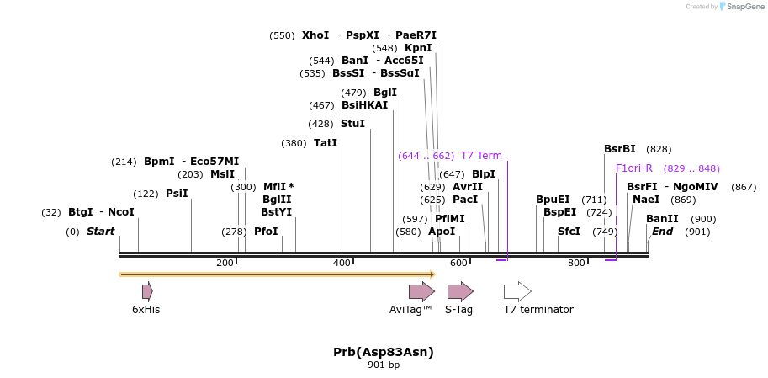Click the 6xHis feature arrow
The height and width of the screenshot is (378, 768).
pos(147,291)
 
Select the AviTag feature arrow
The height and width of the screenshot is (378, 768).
pos(421,291)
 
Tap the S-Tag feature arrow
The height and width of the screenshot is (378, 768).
pos(460,291)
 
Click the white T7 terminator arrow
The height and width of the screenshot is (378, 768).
pos(517,291)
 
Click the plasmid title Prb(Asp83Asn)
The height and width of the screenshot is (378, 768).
pos(384,351)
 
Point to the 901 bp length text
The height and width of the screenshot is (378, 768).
pos(384,365)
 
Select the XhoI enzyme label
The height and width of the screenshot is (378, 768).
pos(315,35)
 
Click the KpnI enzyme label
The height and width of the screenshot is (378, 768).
pos(418,48)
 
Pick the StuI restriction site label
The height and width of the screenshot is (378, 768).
pos(352,124)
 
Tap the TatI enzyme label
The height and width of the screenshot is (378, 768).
pos(325,143)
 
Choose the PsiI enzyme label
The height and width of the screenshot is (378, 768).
pos(177,194)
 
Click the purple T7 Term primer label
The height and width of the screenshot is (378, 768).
pos(481,156)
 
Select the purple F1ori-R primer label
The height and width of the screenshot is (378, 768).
pos(634,168)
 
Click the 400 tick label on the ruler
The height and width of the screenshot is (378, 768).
pos(342,264)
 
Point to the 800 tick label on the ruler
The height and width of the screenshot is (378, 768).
pos(576,264)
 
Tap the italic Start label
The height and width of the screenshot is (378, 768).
pos(100,232)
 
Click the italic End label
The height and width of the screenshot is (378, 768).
pos(662,232)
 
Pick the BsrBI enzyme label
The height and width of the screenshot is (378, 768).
pos(620,149)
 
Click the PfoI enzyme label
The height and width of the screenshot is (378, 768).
pos(266,232)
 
